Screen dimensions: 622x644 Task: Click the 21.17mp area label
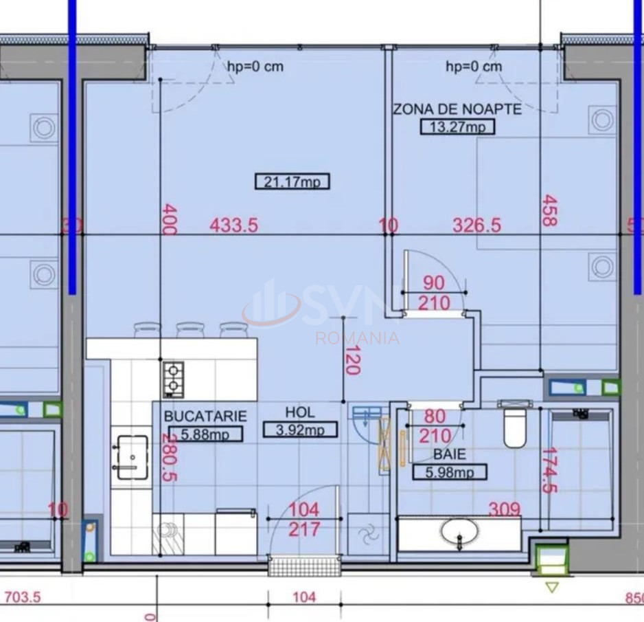tap(292, 181)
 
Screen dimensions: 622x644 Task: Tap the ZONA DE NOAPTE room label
tap(457, 109)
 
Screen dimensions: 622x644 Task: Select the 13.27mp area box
tap(457, 126)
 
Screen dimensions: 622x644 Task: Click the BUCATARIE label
tap(205, 416)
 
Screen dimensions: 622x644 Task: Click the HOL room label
tap(300, 412)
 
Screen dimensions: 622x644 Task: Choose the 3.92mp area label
tap(300, 430)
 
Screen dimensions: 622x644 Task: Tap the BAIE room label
tap(449, 454)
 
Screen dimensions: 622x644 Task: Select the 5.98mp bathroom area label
tap(449, 472)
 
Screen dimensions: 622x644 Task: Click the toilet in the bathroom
tap(515, 426)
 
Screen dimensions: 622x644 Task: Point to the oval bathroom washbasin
tap(460, 531)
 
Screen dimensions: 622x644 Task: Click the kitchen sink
tap(131, 457)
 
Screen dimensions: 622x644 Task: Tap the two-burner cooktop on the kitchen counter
tap(173, 379)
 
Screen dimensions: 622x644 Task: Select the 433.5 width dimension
tap(235, 225)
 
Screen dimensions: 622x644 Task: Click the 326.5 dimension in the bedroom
tap(476, 225)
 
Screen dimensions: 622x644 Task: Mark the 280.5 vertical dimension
tap(168, 457)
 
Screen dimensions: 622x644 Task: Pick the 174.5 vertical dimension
tap(549, 471)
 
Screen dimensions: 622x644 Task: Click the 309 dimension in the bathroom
tap(504, 509)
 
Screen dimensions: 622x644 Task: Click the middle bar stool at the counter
tap(190, 330)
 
